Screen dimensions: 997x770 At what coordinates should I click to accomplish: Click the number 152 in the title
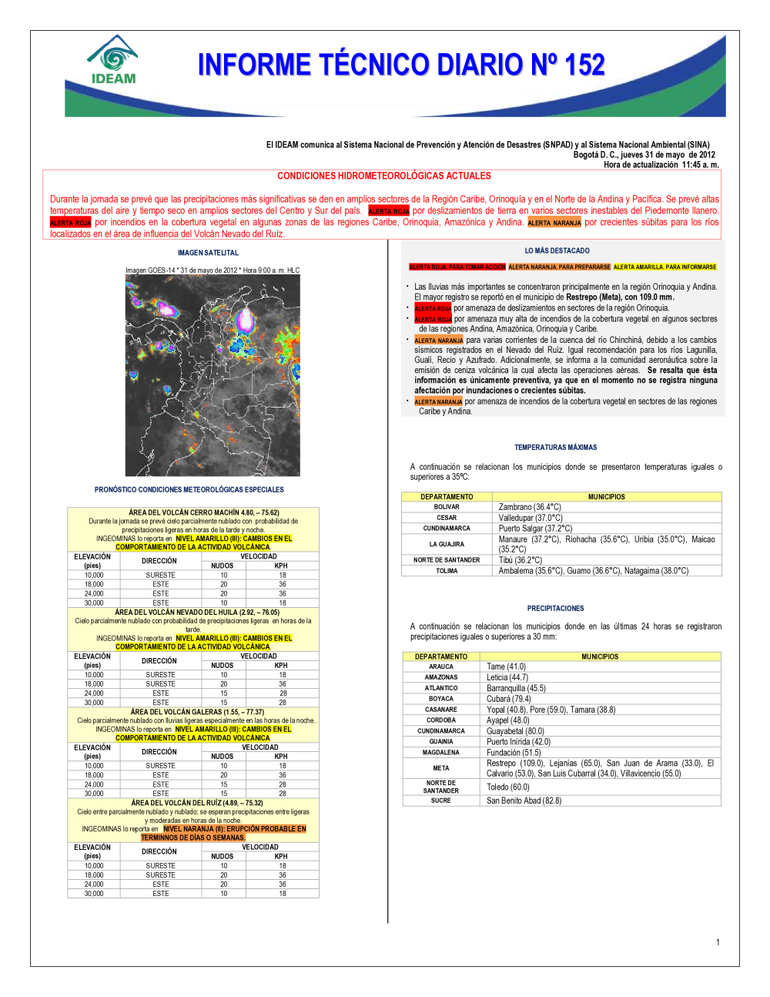click(584, 65)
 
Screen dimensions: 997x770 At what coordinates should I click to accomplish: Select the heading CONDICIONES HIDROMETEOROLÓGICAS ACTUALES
click(384, 176)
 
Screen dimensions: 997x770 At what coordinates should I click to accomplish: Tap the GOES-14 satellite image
click(213, 375)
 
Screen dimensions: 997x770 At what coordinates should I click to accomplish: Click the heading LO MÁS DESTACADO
click(557, 251)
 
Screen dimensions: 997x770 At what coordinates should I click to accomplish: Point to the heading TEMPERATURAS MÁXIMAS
click(555, 448)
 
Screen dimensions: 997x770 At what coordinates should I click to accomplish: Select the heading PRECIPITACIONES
click(555, 609)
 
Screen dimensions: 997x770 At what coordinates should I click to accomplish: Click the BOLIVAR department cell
click(447, 507)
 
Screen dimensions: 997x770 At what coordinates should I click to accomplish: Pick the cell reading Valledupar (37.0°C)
click(531, 518)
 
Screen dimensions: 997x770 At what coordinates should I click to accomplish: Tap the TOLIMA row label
click(447, 571)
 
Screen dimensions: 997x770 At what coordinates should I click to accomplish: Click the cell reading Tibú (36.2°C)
click(521, 560)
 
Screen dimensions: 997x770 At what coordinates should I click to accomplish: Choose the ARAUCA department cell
click(441, 666)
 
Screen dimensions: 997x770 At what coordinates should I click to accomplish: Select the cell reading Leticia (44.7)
click(507, 677)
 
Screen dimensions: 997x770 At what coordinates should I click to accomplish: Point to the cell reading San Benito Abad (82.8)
click(524, 801)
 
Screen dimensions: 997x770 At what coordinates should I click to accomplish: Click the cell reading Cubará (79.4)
click(508, 699)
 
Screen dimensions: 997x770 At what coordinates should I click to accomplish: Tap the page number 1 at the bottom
click(718, 942)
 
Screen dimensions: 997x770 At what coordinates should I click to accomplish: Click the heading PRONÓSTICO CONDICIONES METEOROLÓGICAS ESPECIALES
click(189, 490)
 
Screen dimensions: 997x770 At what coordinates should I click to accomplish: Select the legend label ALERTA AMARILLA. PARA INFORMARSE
click(665, 267)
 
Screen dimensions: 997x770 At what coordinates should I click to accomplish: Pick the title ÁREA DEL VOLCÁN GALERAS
click(197, 712)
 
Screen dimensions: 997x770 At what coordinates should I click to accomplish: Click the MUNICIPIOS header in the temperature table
click(606, 497)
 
